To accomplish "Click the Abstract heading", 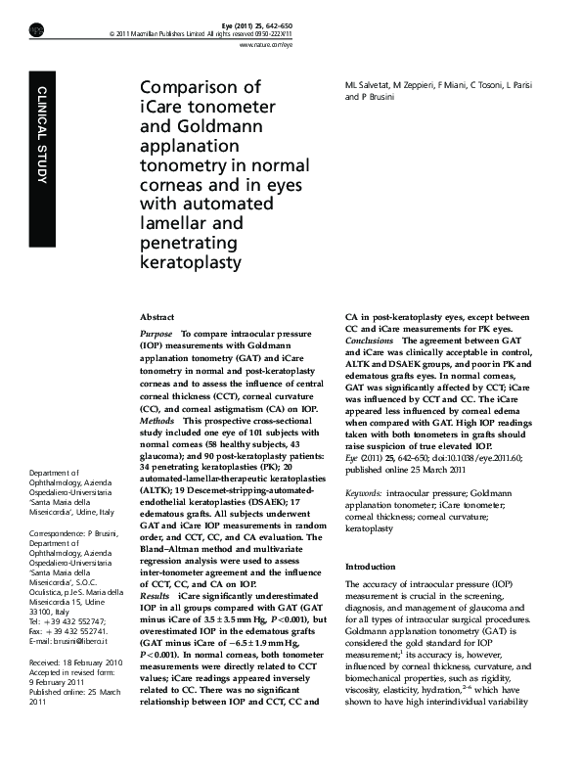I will [157, 318].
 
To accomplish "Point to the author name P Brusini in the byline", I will [377, 98].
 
